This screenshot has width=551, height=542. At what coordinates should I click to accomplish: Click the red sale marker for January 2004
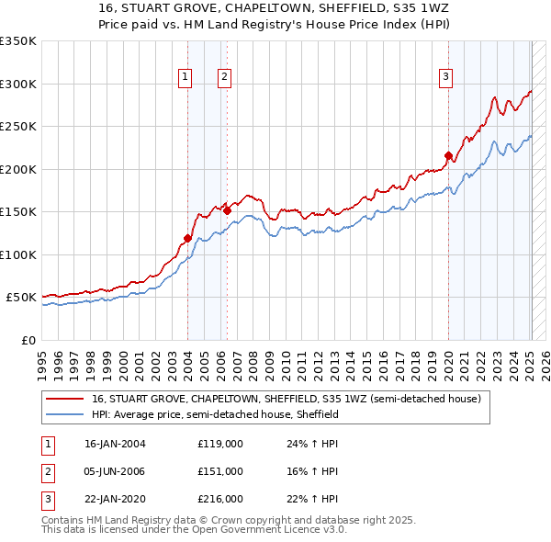point(187,239)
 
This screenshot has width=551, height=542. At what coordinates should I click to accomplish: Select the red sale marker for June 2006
point(227,211)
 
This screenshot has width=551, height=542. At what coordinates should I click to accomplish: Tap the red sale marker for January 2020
point(448,155)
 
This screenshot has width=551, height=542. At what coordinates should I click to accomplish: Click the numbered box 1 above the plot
point(186,77)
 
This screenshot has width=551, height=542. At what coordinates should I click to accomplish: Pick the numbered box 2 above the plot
point(224,77)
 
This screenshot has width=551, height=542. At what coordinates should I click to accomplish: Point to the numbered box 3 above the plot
point(445,77)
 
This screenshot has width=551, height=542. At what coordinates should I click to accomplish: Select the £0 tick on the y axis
point(28,341)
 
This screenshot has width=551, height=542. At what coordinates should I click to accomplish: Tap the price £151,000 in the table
point(219,471)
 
